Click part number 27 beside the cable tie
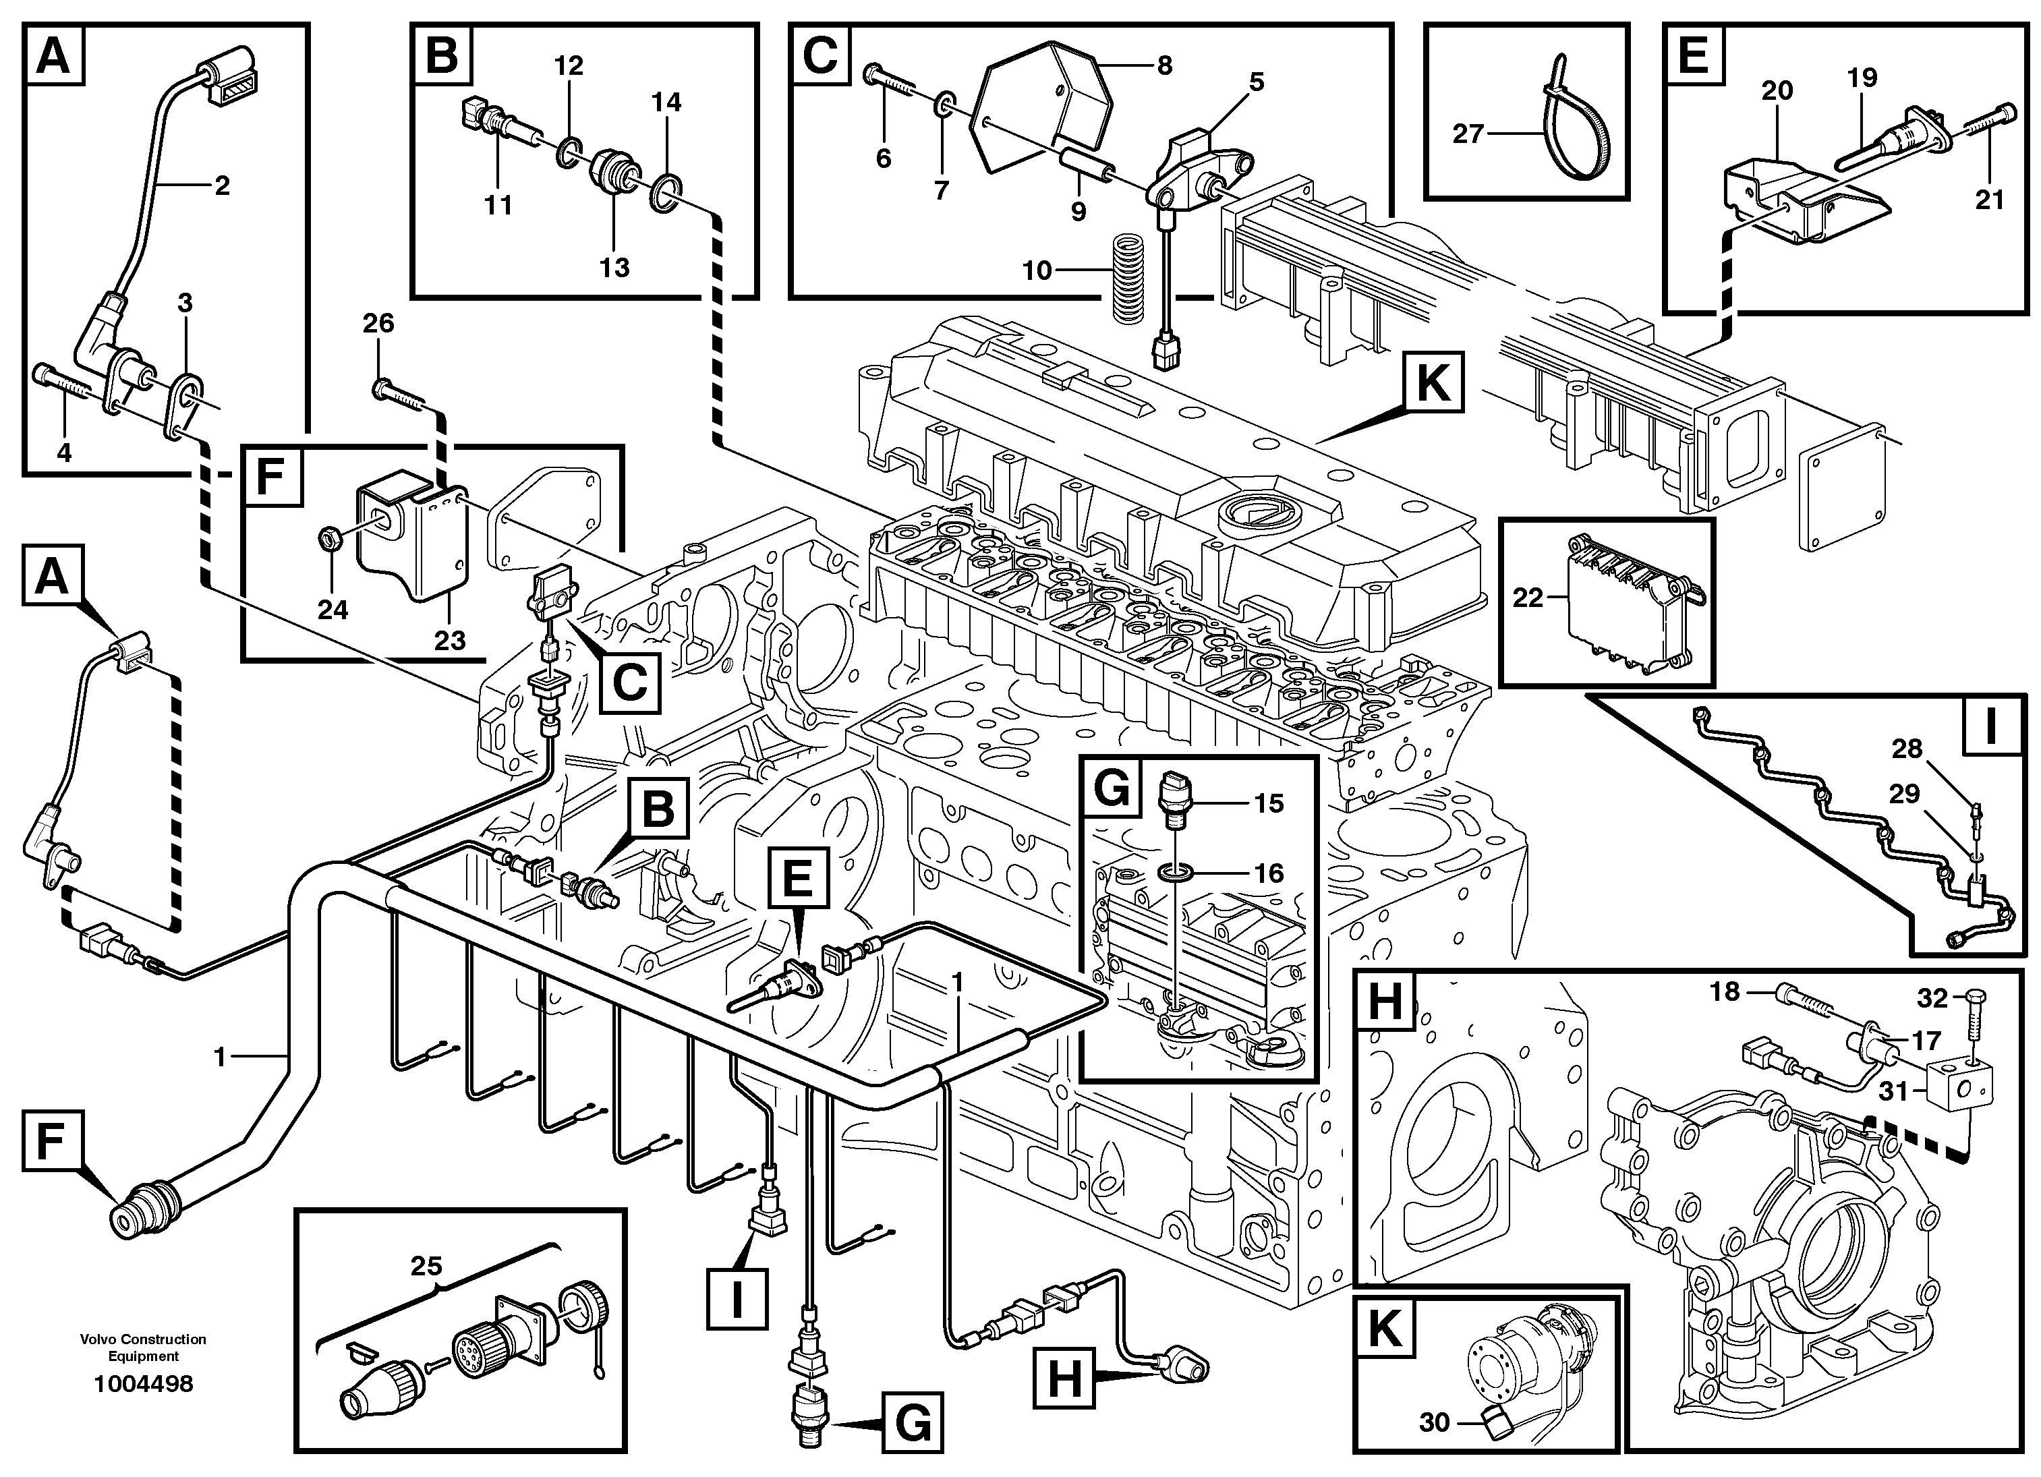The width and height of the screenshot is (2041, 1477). pyautogui.click(x=1467, y=134)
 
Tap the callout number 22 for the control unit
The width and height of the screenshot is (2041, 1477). pyautogui.click(x=1527, y=598)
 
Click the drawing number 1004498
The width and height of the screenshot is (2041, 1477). pyautogui.click(x=144, y=1383)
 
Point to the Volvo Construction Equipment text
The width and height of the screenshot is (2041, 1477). pyautogui.click(x=143, y=1348)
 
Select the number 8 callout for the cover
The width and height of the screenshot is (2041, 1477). pyautogui.click(x=1164, y=65)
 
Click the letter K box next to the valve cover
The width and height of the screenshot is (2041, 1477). pyautogui.click(x=1432, y=385)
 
